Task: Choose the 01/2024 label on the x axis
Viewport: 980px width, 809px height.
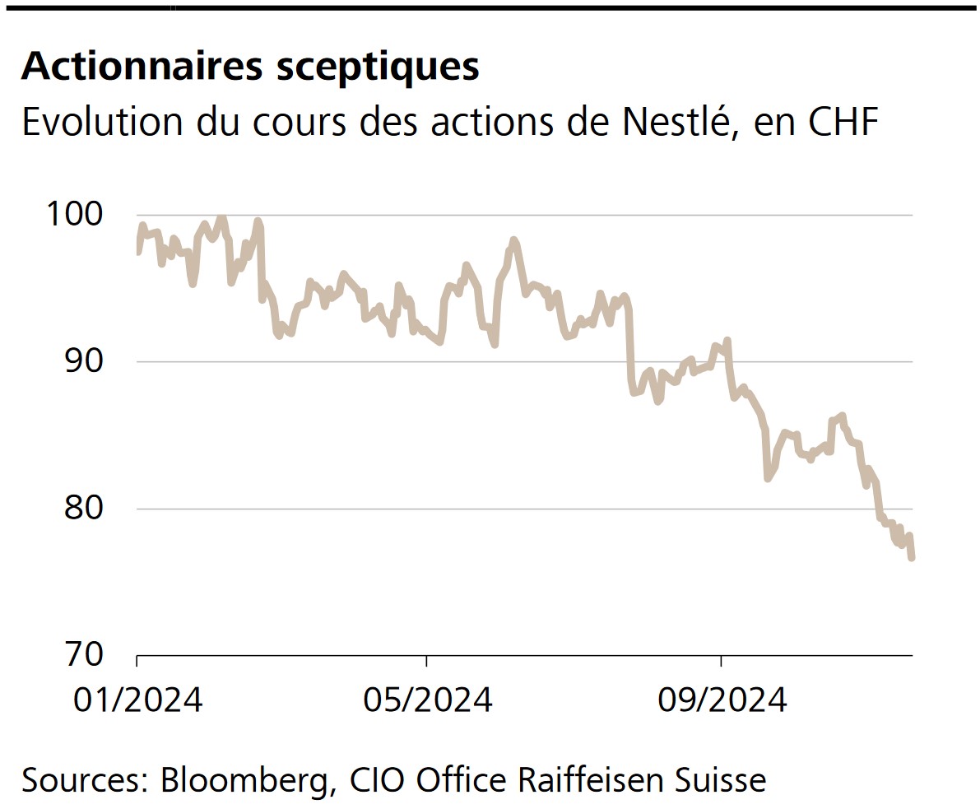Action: [137, 700]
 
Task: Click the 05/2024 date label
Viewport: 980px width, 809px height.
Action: [427, 700]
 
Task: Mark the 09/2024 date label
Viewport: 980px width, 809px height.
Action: [722, 700]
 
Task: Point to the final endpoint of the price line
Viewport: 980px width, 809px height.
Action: [912, 558]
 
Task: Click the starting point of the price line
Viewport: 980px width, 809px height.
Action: [137, 252]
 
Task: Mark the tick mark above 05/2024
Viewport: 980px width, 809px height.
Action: [426, 661]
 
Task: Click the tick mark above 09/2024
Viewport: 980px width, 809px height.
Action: [721, 661]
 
